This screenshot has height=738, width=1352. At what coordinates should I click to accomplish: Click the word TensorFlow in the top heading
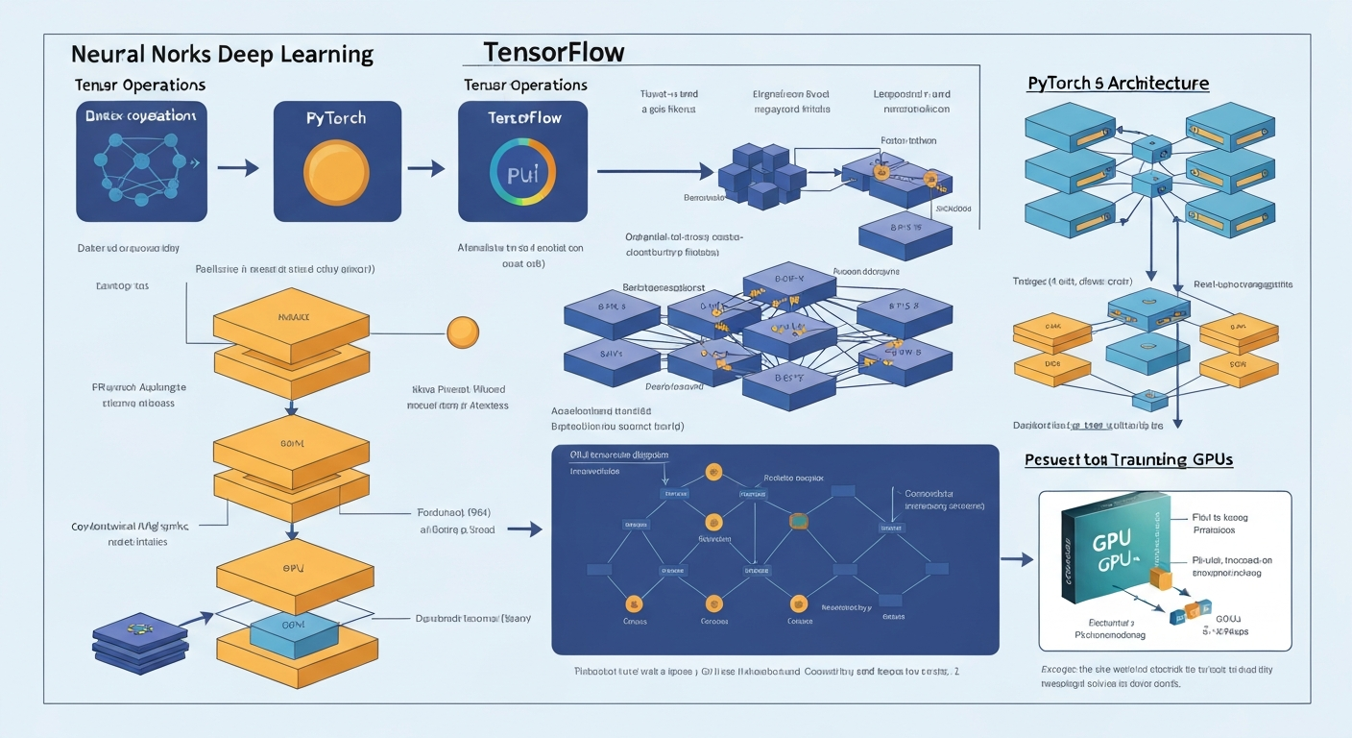[554, 51]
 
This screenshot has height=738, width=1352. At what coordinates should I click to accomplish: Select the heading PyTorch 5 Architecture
[1118, 84]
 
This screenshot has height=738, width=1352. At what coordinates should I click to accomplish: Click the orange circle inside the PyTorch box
[336, 173]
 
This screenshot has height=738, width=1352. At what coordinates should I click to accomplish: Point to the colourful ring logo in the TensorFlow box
[522, 174]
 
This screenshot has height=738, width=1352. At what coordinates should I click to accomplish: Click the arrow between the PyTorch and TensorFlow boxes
[425, 169]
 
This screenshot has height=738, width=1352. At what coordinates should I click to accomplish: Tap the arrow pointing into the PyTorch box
[238, 169]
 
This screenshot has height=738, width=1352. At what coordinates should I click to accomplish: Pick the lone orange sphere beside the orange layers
[462, 332]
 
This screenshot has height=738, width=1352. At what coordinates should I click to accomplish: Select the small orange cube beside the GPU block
[1160, 578]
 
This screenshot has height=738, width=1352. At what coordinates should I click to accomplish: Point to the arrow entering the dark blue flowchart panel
[524, 529]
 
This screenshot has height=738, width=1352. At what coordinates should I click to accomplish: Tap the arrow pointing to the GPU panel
[1016, 558]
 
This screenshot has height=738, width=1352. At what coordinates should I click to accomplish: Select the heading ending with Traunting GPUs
[1128, 460]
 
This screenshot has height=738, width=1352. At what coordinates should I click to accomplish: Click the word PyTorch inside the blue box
[335, 118]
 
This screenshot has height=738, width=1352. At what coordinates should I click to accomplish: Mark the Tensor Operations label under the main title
[140, 85]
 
